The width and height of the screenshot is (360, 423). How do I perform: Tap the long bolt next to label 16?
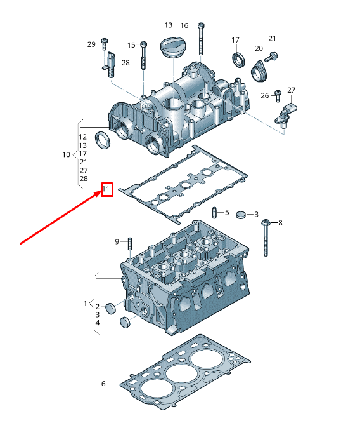click(x=201, y=39)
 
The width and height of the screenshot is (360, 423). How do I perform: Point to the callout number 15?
click(x=132, y=44)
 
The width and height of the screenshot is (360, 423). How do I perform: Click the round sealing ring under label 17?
click(x=238, y=61)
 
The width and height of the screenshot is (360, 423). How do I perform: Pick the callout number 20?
click(x=259, y=48)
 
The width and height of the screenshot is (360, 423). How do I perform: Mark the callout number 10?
click(x=67, y=154)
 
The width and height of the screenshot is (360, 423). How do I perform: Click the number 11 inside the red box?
click(x=106, y=189)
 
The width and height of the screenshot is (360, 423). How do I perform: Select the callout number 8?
click(x=280, y=223)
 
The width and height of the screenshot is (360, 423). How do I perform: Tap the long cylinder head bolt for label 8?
click(x=266, y=238)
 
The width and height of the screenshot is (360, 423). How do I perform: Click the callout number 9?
click(x=117, y=241)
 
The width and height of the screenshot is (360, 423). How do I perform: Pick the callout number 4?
click(x=97, y=323)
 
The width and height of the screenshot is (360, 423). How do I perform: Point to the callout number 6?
click(x=103, y=384)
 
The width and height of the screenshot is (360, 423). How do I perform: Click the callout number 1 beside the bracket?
click(x=85, y=304)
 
